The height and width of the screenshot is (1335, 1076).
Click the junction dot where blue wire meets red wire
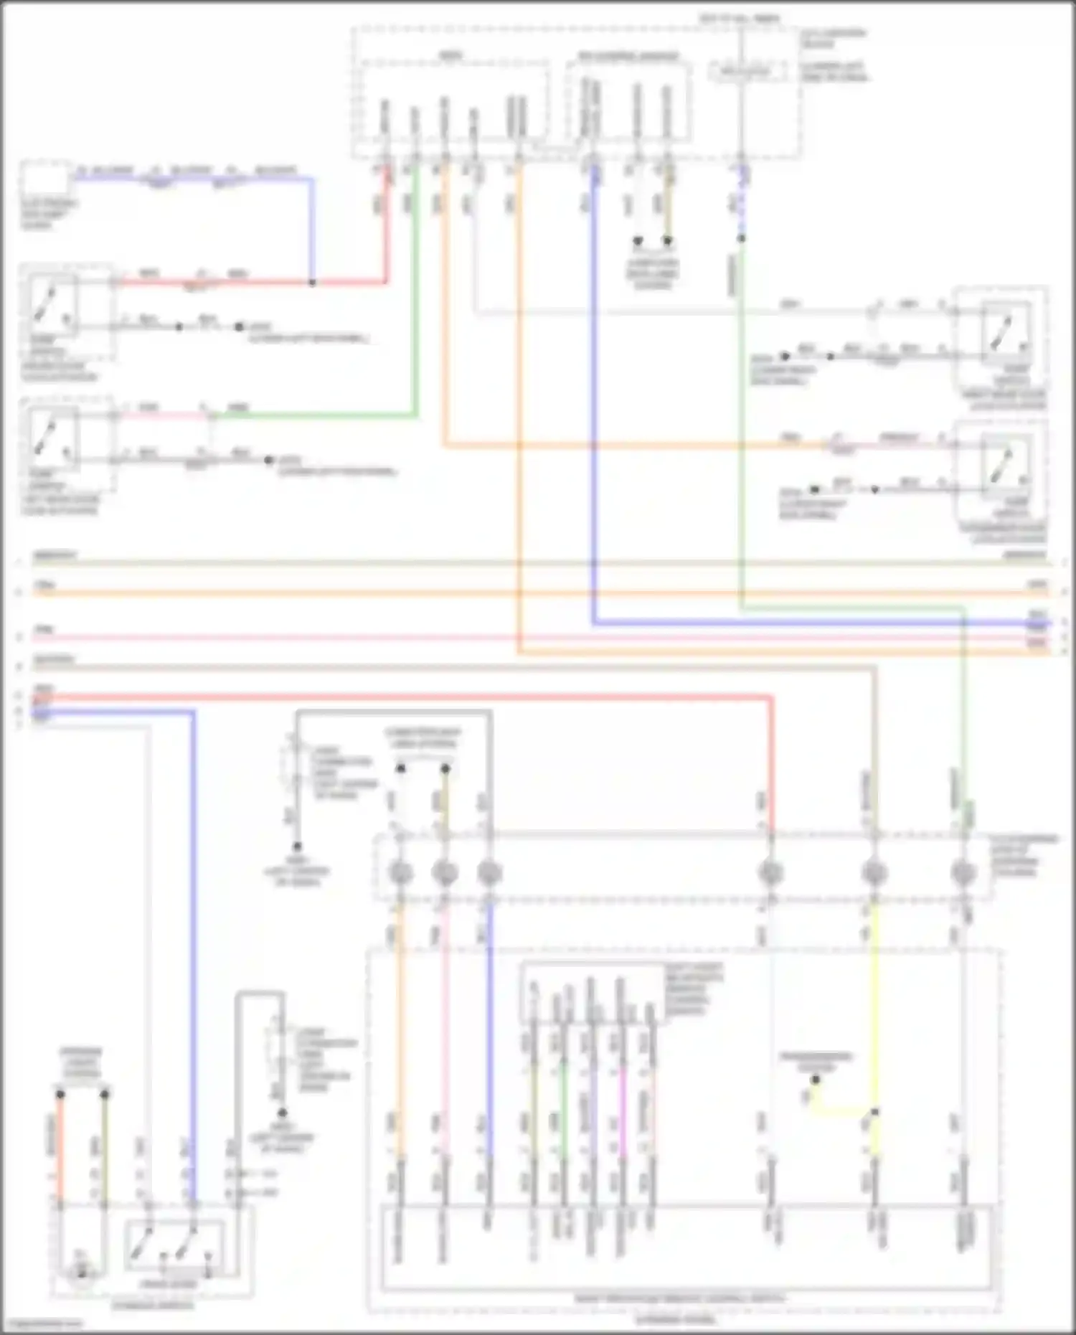(312, 283)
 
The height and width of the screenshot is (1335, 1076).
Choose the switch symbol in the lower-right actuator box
(1004, 465)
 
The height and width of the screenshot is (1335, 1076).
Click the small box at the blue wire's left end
(44, 179)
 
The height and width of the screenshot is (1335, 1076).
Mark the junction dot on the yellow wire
(874, 1112)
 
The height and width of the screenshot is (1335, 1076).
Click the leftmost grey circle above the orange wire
(400, 873)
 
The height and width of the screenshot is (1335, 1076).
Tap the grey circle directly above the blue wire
(489, 873)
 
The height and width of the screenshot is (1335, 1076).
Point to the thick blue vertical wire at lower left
(193, 933)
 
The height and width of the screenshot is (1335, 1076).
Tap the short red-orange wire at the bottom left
(61, 1148)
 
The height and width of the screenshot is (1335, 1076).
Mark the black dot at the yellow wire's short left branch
(815, 1100)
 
